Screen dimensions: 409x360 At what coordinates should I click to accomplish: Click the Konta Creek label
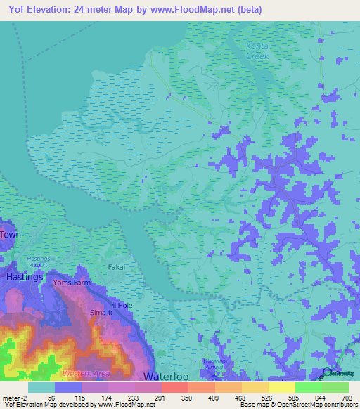click(257, 51)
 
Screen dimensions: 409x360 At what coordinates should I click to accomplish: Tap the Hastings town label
click(25, 278)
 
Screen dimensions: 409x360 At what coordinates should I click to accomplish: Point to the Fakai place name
click(117, 267)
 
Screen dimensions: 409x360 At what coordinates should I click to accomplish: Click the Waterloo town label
click(167, 377)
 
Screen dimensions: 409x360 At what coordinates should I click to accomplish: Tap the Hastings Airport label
click(39, 262)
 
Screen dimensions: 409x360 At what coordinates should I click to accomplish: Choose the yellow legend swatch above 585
click(281, 387)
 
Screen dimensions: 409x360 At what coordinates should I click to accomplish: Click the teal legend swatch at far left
click(41, 387)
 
